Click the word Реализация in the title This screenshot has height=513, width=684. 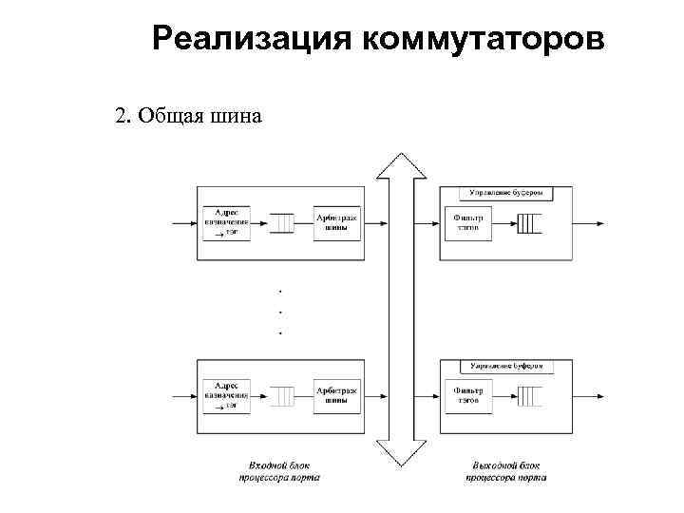point(251,40)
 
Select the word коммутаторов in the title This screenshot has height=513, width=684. point(482,40)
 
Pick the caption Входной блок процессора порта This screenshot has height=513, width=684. point(279,471)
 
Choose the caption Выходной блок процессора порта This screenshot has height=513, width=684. point(506,471)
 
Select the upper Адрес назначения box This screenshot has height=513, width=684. point(226,222)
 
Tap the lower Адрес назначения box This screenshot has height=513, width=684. point(226,393)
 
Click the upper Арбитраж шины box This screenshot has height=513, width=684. point(337,222)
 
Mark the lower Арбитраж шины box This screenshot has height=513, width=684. point(337,393)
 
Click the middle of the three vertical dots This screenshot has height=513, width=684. point(280,310)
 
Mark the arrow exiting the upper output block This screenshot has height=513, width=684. point(589,224)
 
